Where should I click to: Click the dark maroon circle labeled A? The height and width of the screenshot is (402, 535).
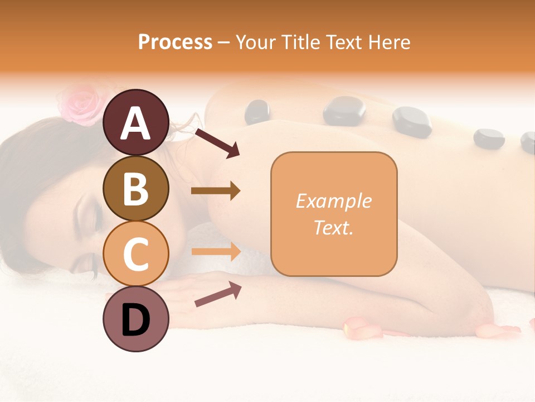[x=136, y=122]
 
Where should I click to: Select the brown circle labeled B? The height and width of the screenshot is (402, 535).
[x=136, y=188]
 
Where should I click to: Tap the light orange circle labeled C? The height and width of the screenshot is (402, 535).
[x=136, y=253]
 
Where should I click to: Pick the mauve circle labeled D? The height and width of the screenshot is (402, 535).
[x=136, y=319]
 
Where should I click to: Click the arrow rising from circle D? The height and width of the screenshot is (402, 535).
[x=217, y=294]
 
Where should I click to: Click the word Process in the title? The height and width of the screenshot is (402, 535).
[x=175, y=42]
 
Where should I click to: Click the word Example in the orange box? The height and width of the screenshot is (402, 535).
[x=333, y=201]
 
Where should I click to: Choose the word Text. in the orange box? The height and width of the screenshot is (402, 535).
[x=333, y=227]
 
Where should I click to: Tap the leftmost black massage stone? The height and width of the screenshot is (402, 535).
[x=257, y=111]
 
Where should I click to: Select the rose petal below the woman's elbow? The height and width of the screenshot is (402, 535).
[x=362, y=327]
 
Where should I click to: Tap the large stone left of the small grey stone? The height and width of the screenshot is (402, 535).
[x=412, y=122]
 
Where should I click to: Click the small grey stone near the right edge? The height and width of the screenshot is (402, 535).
[x=488, y=138]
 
